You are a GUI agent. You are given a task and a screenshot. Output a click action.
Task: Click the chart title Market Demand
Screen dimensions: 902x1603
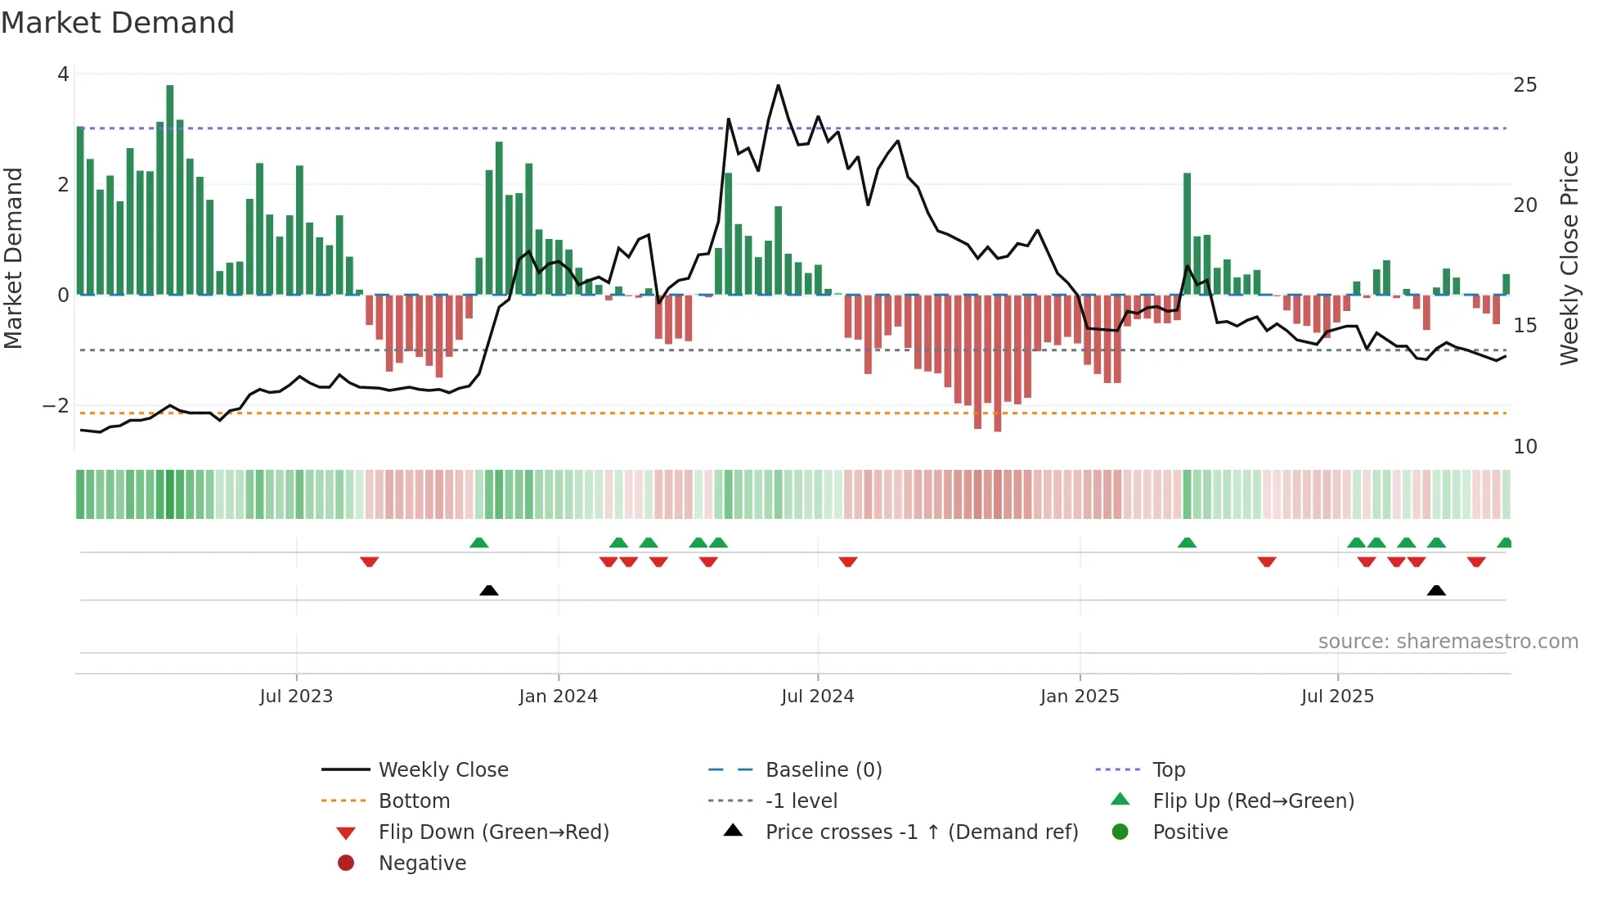[118, 23]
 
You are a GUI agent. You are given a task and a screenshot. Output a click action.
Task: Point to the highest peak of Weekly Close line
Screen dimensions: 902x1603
[778, 86]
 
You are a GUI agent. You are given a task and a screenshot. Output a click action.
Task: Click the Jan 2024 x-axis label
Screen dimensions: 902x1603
[558, 697]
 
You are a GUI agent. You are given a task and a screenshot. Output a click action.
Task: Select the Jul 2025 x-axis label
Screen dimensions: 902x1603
[1337, 697]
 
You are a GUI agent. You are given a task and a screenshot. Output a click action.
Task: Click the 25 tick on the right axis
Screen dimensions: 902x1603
[1524, 85]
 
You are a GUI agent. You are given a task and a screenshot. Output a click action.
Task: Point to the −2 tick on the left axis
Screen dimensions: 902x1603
[56, 406]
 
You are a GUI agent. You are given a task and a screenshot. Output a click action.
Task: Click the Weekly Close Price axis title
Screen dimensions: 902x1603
[1569, 258]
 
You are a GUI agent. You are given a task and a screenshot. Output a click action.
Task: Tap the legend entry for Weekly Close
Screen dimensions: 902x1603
[442, 770]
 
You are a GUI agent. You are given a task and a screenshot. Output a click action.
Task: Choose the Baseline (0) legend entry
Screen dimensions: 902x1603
[823, 770]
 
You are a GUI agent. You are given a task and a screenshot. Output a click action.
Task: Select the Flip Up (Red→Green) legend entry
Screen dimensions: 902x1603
[1253, 801]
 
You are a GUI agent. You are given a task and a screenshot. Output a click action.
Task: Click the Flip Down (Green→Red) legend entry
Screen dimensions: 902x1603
[493, 832]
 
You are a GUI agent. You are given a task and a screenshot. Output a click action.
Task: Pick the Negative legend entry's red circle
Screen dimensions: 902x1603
[346, 864]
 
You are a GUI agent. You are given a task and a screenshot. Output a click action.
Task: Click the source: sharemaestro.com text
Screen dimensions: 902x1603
[1448, 642]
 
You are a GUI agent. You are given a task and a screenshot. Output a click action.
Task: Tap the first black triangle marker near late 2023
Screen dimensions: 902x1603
[489, 590]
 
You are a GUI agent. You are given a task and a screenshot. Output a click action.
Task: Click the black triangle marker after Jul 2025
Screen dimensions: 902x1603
[1436, 590]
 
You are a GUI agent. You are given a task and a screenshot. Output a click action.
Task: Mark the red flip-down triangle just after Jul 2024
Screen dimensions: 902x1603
[848, 561]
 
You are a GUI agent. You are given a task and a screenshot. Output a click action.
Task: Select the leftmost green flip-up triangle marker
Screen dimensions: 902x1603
[479, 543]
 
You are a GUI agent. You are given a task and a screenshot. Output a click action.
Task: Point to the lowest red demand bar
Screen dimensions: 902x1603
[997, 364]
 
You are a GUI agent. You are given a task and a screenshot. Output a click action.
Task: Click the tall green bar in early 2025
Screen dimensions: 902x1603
[1187, 233]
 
